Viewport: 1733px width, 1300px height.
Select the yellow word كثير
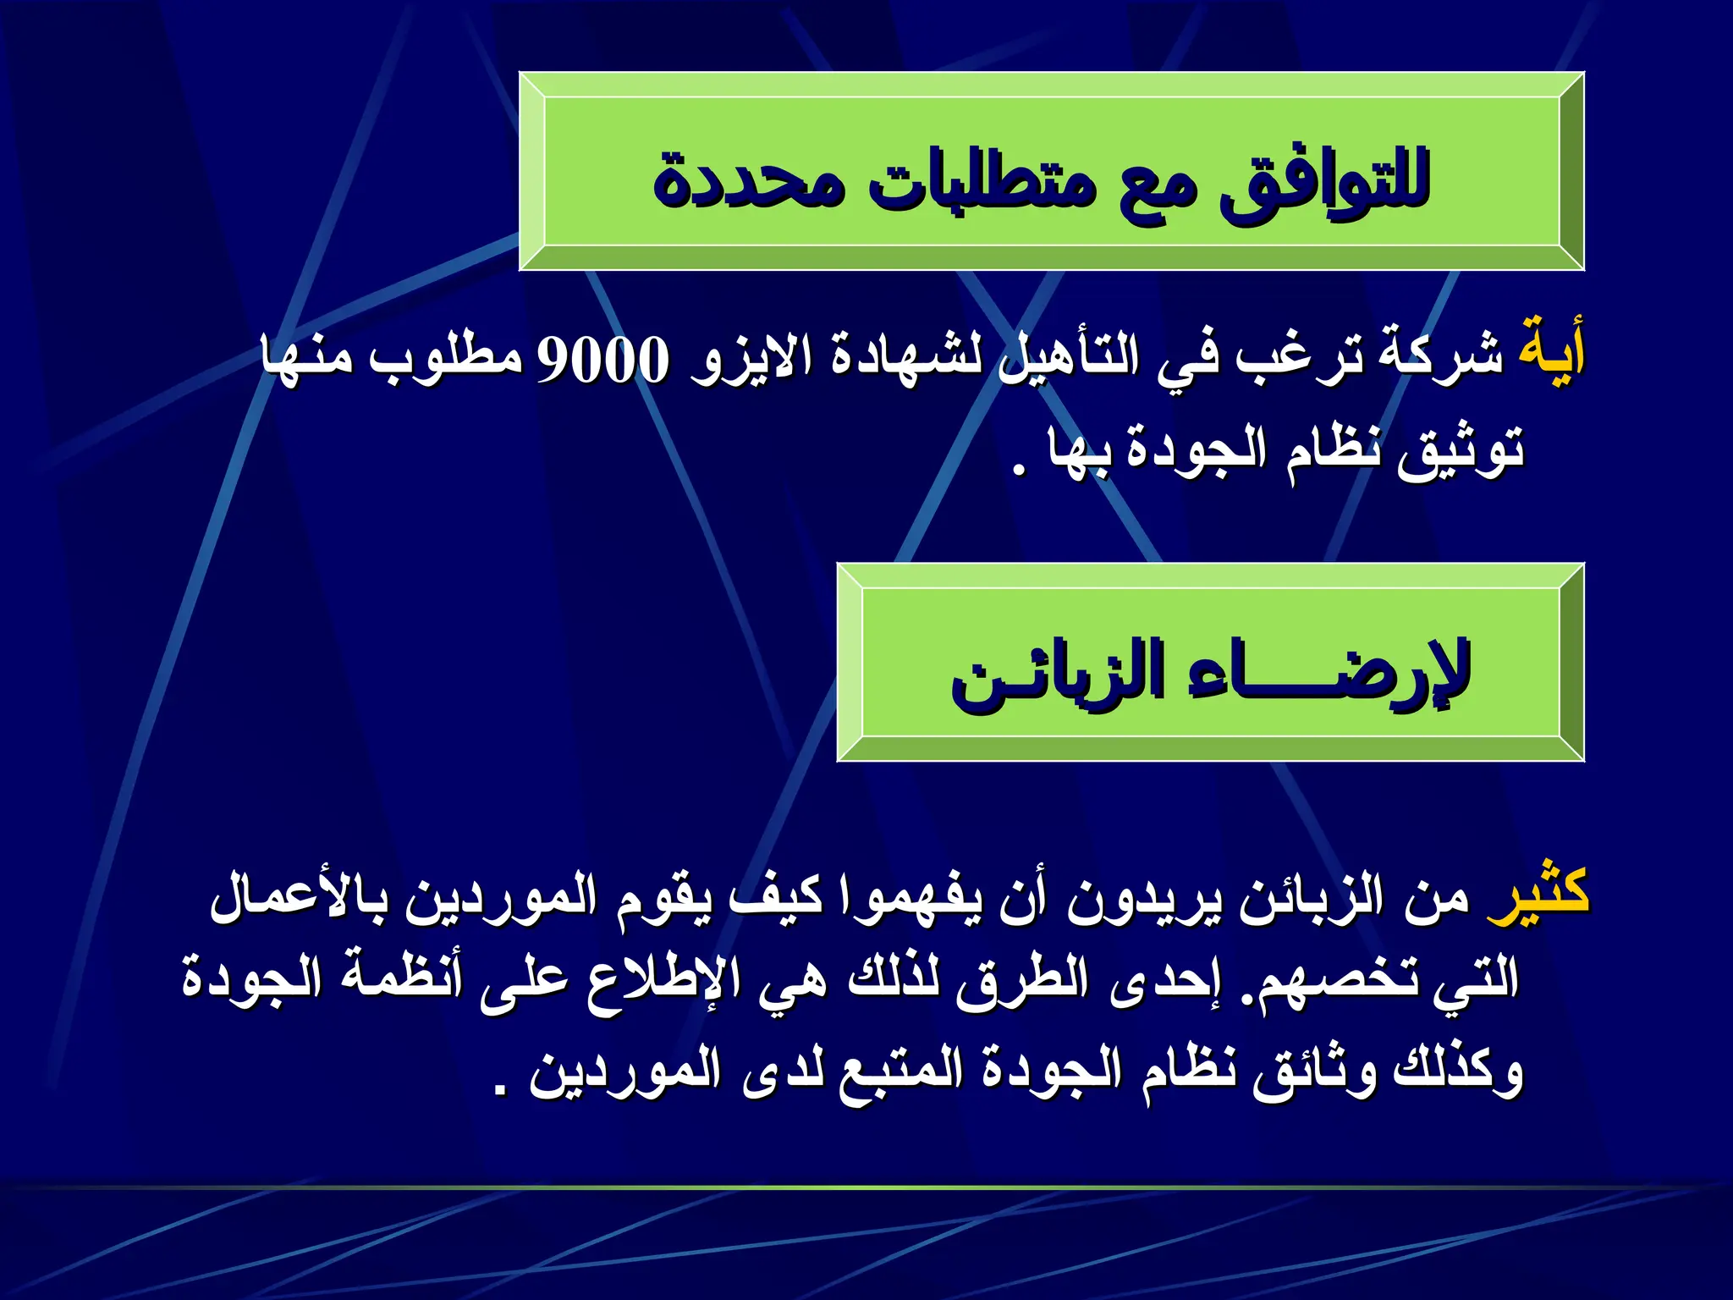pos(1538,894)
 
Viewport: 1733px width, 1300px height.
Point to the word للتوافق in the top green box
pos(1324,181)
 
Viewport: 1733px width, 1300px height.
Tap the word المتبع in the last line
pos(900,1071)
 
